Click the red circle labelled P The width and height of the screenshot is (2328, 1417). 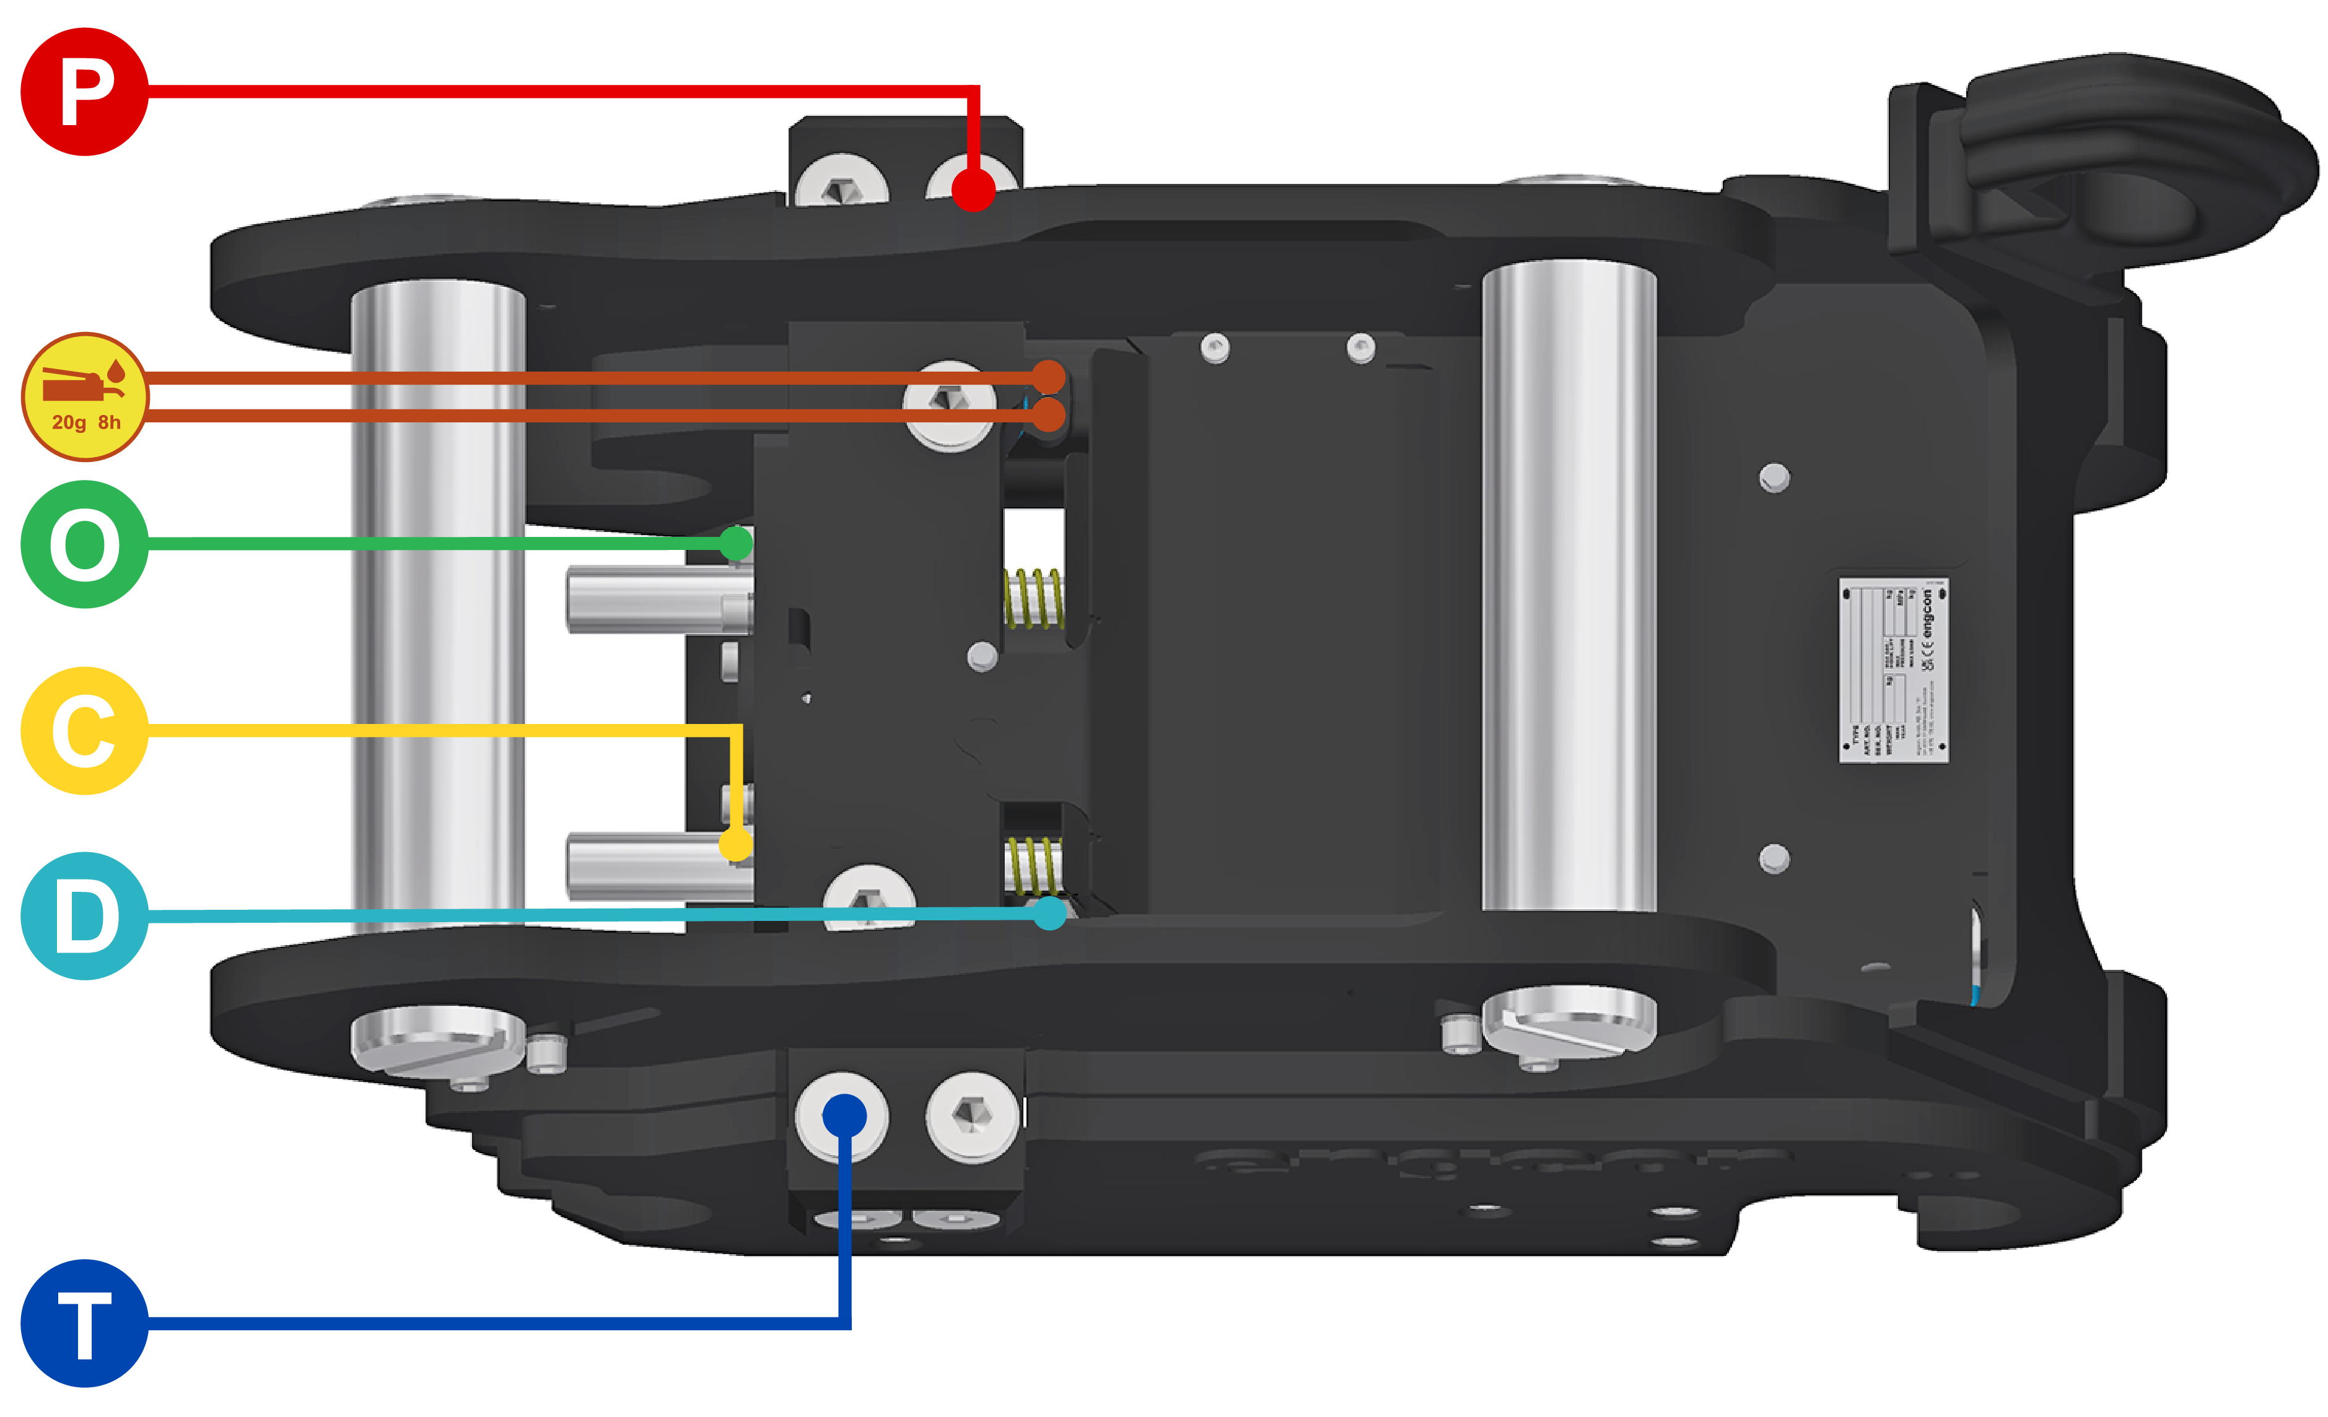(x=84, y=92)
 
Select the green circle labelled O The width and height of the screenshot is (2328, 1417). (x=84, y=544)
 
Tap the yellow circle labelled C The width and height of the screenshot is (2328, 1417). (x=84, y=730)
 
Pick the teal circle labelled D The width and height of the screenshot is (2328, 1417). (x=84, y=917)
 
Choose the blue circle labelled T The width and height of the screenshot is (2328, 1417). (x=84, y=1322)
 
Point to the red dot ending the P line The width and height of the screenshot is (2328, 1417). (x=973, y=189)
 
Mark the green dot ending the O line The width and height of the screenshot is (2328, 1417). (x=736, y=543)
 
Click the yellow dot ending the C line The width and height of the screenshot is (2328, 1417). (x=736, y=844)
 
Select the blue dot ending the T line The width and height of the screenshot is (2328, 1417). (x=844, y=1115)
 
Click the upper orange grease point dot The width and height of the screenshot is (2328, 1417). (x=1048, y=377)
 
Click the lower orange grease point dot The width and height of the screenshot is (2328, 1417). (x=1048, y=414)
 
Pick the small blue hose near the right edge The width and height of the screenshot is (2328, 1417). (x=1975, y=992)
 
